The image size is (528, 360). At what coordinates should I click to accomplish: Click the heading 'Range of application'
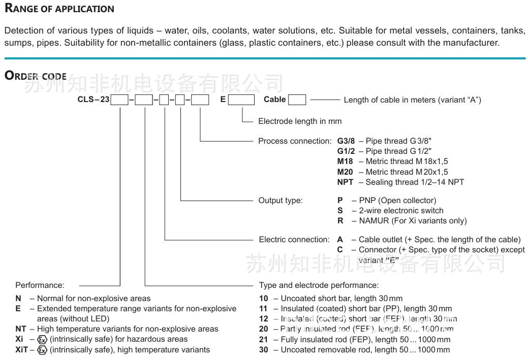click(59, 9)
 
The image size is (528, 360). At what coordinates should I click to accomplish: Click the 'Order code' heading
click(36, 76)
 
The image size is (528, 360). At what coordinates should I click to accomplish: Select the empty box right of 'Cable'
click(297, 100)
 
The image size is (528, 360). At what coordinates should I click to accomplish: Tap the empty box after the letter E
click(241, 100)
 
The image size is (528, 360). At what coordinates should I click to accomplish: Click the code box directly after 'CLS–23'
click(119, 100)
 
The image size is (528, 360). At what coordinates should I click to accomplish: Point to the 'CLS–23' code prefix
click(94, 100)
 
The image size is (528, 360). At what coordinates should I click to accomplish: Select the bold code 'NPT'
click(345, 182)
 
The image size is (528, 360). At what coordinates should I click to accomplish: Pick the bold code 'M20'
click(345, 172)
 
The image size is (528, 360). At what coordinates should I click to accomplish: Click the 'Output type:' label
click(281, 200)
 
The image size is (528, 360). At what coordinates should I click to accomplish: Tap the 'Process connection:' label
click(295, 141)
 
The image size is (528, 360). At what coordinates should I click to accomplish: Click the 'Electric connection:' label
click(294, 239)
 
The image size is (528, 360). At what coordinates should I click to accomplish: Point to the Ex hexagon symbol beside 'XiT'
click(43, 350)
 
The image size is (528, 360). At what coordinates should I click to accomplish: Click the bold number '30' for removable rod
click(263, 349)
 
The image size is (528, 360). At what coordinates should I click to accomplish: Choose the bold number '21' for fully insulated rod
click(263, 339)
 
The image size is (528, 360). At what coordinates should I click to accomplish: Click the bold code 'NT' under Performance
click(21, 329)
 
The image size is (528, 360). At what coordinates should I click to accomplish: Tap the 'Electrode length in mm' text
click(300, 121)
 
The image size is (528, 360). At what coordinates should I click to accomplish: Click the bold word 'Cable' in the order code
click(274, 100)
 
